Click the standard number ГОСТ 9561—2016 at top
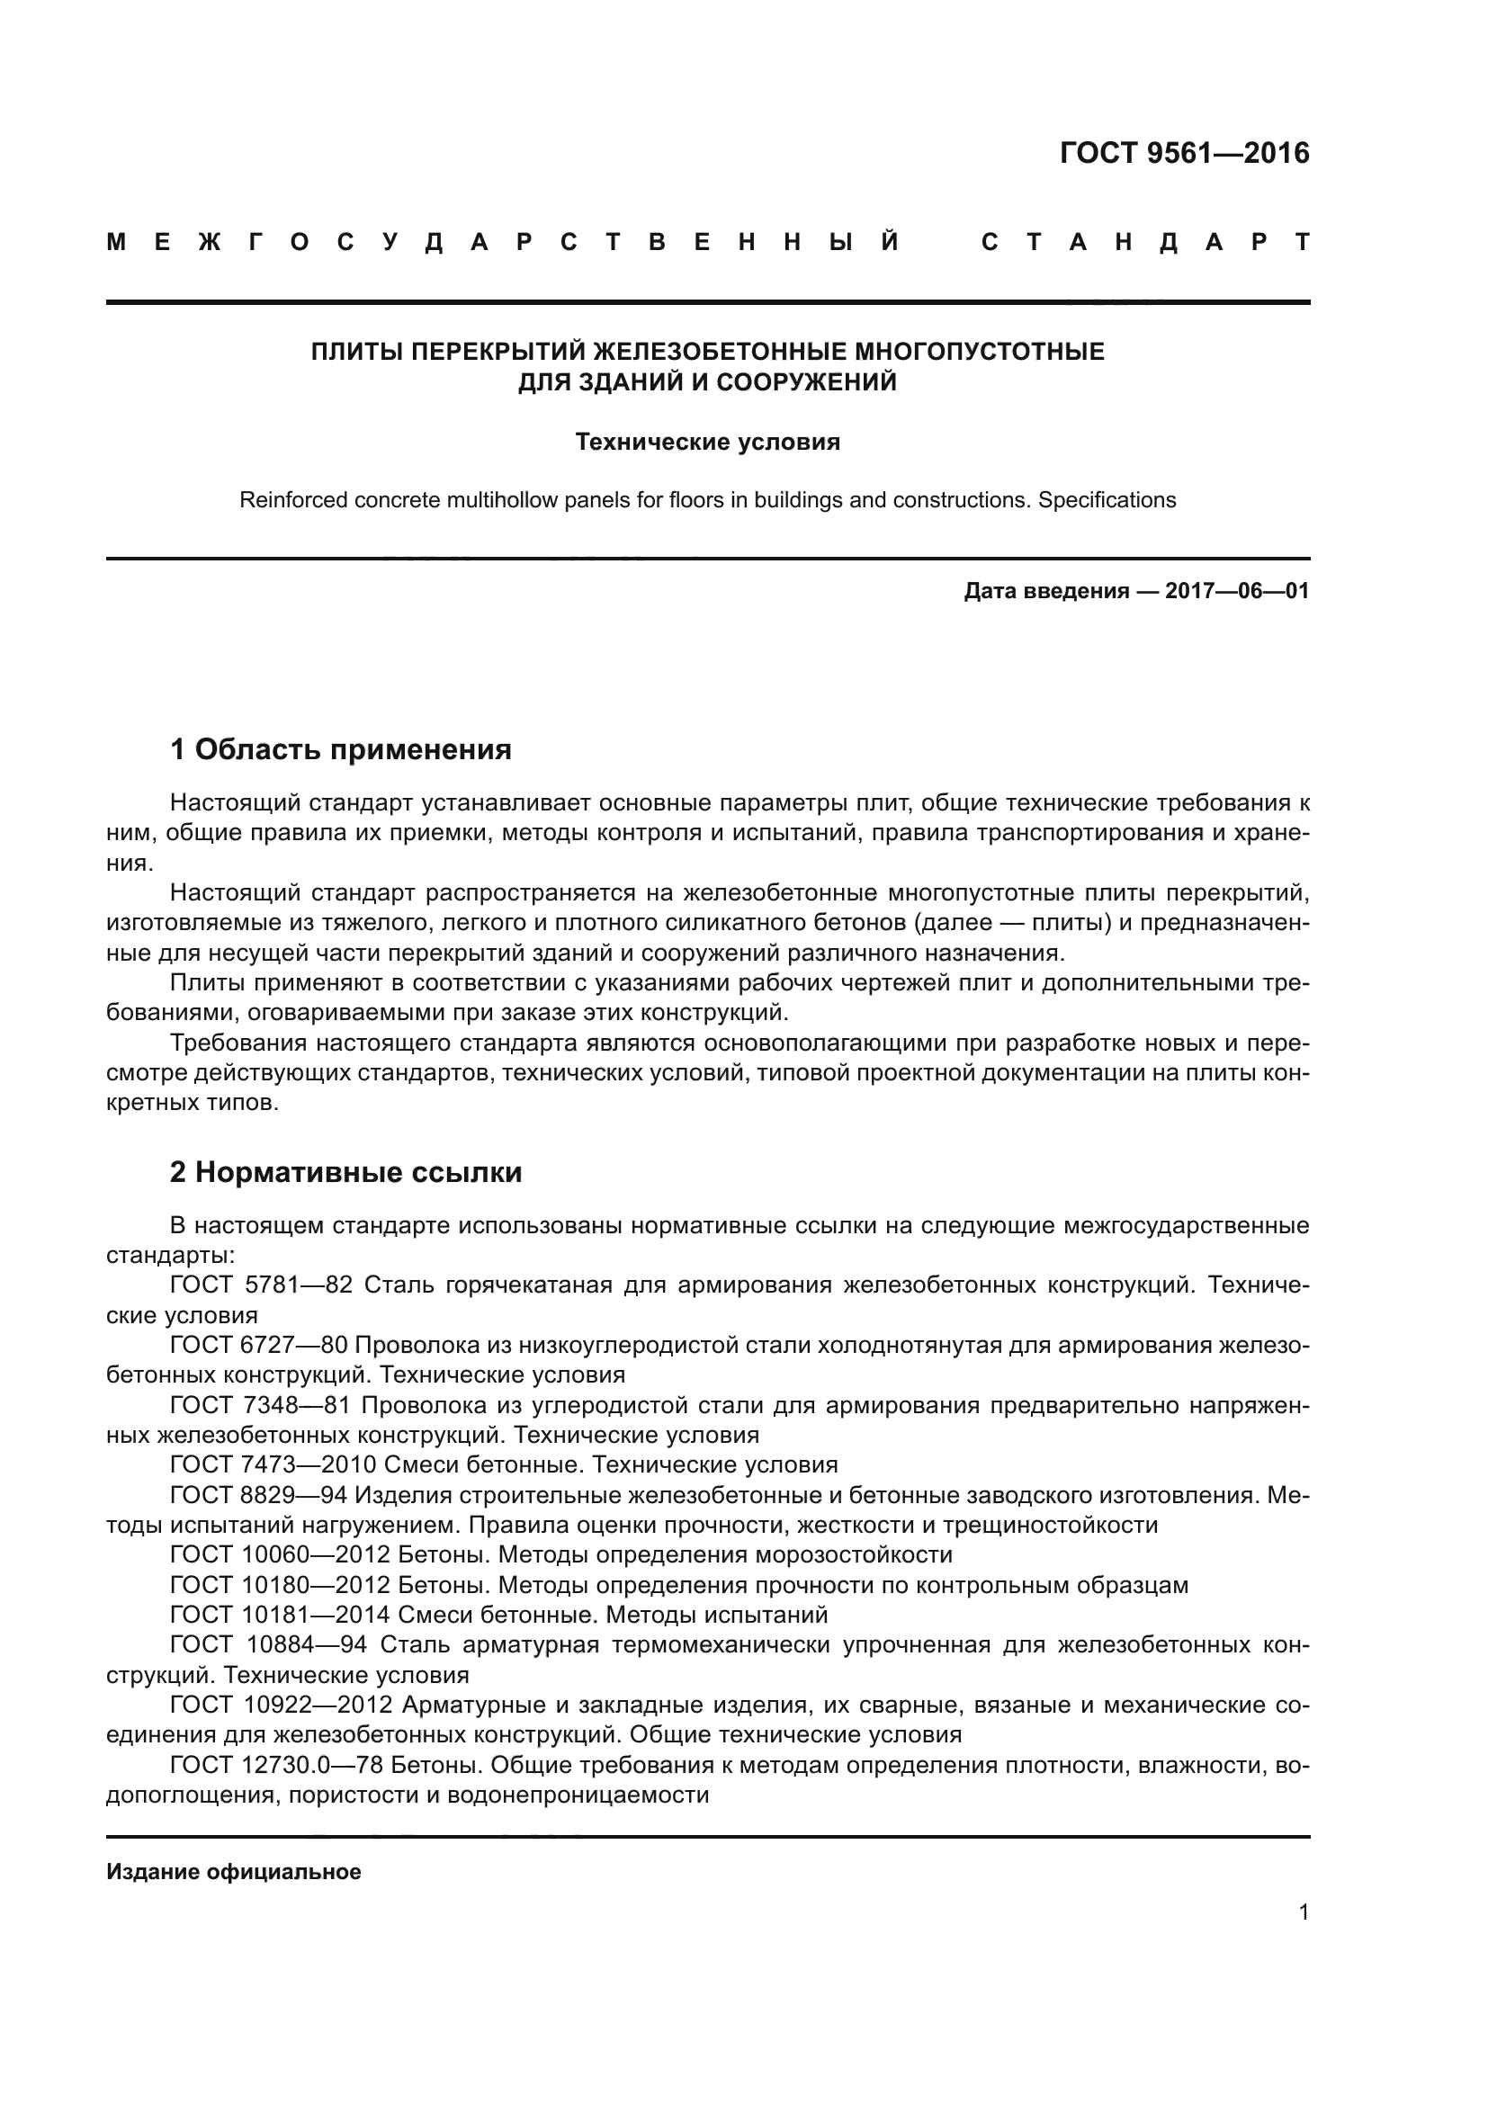click(1184, 153)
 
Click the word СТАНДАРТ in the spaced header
click(1145, 243)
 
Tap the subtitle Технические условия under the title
click(707, 443)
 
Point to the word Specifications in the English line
click(1107, 500)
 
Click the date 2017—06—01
click(1237, 591)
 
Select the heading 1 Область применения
click(341, 749)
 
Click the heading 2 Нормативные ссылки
click(345, 1172)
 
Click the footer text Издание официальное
click(234, 1872)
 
